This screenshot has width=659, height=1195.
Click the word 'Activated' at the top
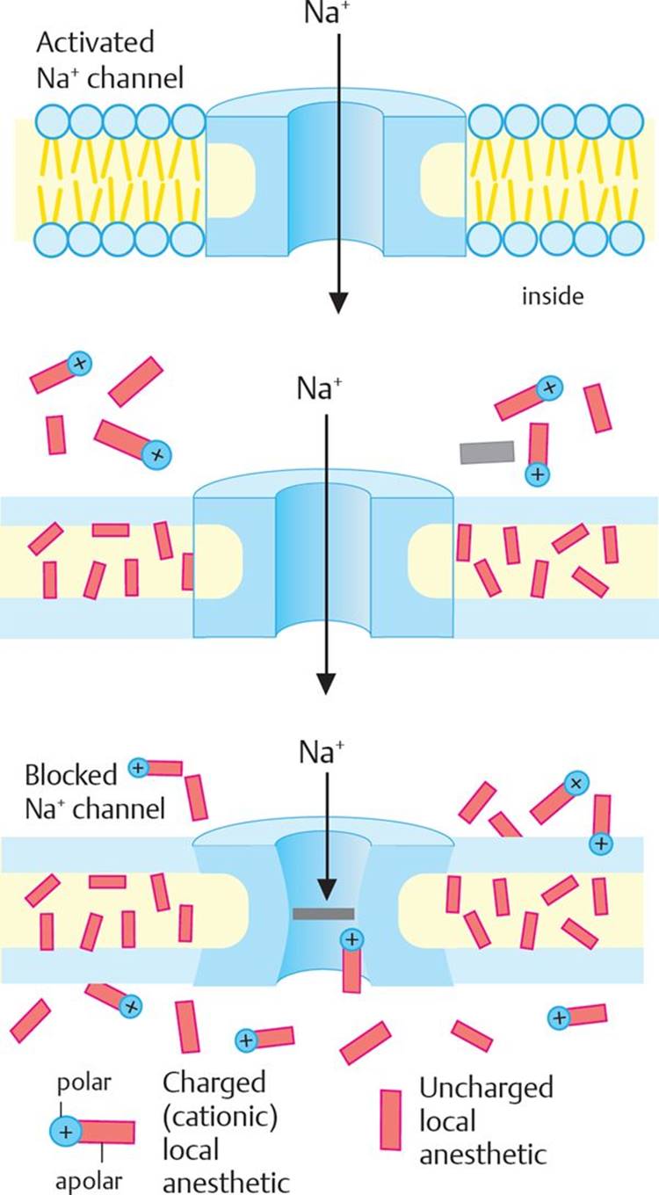pos(95,43)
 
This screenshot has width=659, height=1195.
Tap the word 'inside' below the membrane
pos(553,296)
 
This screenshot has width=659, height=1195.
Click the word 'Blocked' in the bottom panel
pos(70,775)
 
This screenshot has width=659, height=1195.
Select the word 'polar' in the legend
pos(83,1083)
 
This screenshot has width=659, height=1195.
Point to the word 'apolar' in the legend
pos(89,1182)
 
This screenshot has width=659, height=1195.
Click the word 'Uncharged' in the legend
pos(486,1089)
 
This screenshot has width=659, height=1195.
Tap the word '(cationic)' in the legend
pos(220,1116)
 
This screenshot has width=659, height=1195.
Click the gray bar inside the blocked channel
pos(323,914)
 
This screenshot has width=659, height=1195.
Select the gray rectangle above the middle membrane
pos(487,453)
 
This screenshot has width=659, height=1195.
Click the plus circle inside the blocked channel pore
pos(352,939)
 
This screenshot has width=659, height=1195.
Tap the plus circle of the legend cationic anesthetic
pos(66,1132)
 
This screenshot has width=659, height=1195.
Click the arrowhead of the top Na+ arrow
pos(338,302)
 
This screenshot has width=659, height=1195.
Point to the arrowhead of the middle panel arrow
pos(326,684)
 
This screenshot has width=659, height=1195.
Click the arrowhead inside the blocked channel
pos(327,890)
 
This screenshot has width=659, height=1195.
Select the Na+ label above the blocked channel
pos(322,753)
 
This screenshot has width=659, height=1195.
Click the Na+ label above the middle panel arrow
pos(319,388)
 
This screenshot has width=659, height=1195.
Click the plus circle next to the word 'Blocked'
pos(138,768)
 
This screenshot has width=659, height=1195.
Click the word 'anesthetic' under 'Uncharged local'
pos(483,1155)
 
